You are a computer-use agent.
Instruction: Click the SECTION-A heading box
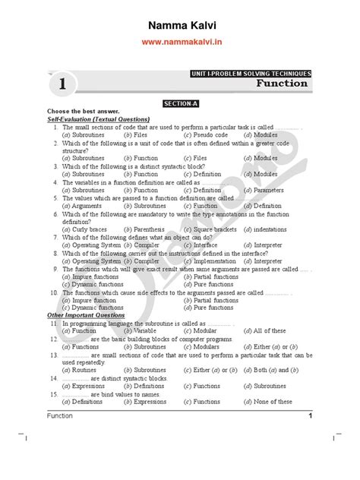(x=180, y=102)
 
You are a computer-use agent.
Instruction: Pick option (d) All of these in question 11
(x=268, y=330)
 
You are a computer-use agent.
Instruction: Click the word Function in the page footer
(x=60, y=415)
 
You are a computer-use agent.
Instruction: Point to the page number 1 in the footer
(x=310, y=415)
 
